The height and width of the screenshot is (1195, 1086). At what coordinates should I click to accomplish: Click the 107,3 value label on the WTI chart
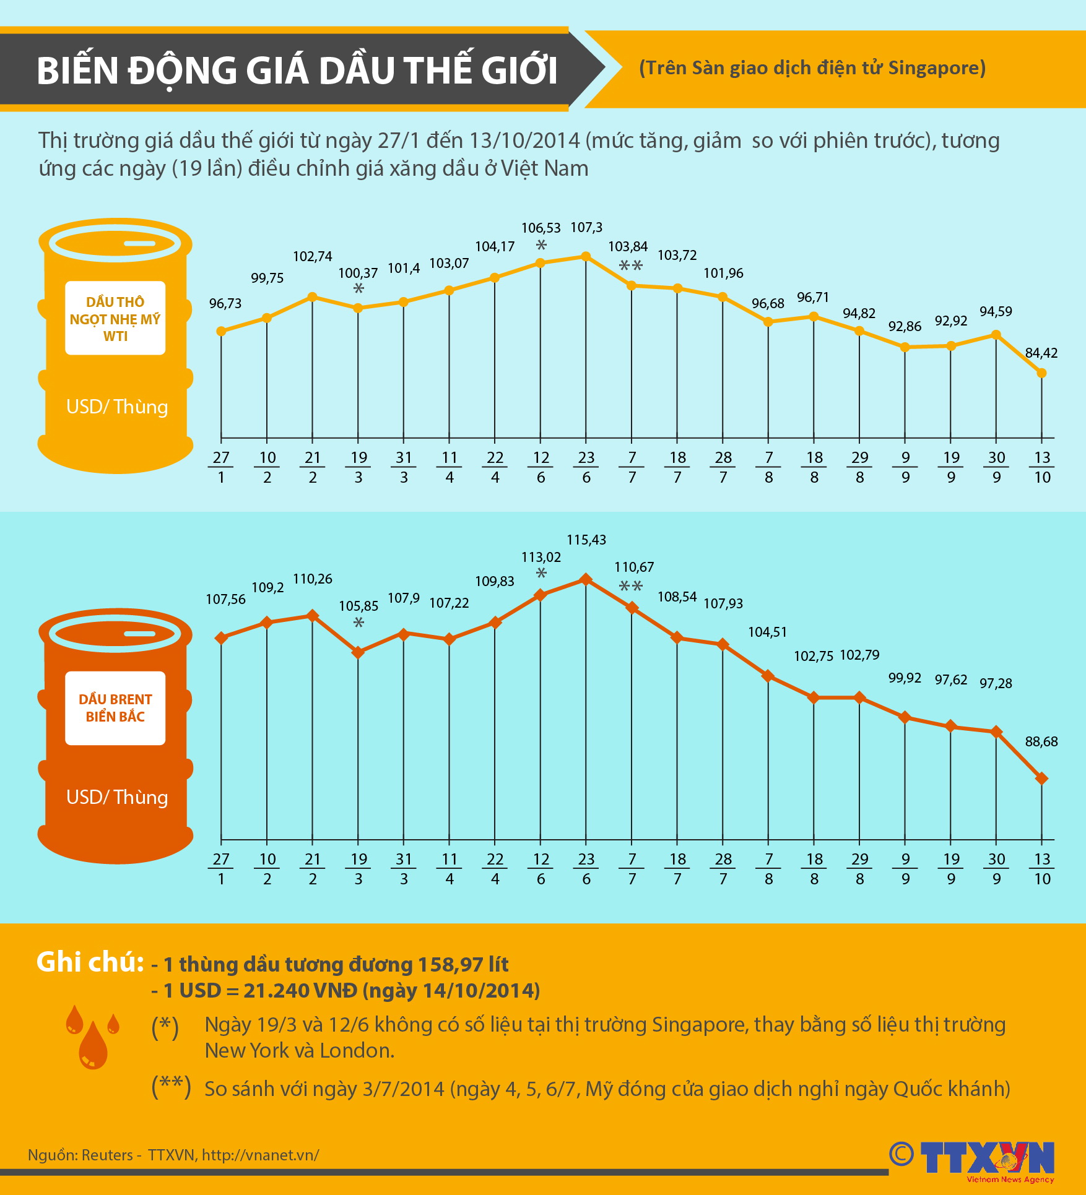[586, 228]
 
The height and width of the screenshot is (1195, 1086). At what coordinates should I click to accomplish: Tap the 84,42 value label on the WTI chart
[1041, 353]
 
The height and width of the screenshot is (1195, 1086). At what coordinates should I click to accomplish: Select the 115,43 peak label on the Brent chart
[586, 540]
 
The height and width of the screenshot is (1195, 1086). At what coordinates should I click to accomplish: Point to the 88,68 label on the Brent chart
[1041, 741]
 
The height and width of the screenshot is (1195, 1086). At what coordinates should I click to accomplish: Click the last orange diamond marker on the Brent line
[1041, 779]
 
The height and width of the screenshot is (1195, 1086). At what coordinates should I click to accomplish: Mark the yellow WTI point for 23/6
[586, 256]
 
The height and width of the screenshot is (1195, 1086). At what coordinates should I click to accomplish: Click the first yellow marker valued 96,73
[221, 332]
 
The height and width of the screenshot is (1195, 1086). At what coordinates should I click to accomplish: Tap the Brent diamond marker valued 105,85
[358, 652]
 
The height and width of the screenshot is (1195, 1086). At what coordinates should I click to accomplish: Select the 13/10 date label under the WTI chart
[1042, 467]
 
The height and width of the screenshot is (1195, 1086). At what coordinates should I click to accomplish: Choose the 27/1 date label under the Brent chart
[221, 869]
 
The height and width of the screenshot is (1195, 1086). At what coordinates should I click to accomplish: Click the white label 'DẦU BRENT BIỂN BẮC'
[115, 708]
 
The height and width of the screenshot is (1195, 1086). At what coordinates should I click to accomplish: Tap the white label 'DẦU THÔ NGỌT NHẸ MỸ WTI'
[115, 319]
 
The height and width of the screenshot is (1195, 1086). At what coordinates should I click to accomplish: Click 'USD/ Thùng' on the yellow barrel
[117, 407]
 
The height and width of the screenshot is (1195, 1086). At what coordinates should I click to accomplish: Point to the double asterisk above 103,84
[631, 266]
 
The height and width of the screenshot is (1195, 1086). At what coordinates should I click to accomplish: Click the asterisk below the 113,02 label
[541, 573]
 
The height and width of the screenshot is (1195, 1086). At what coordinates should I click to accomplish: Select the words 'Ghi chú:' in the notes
[90, 962]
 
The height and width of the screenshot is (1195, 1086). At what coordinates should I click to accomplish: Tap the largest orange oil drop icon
[93, 1046]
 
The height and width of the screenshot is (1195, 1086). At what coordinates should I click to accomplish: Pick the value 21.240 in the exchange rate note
[276, 991]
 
